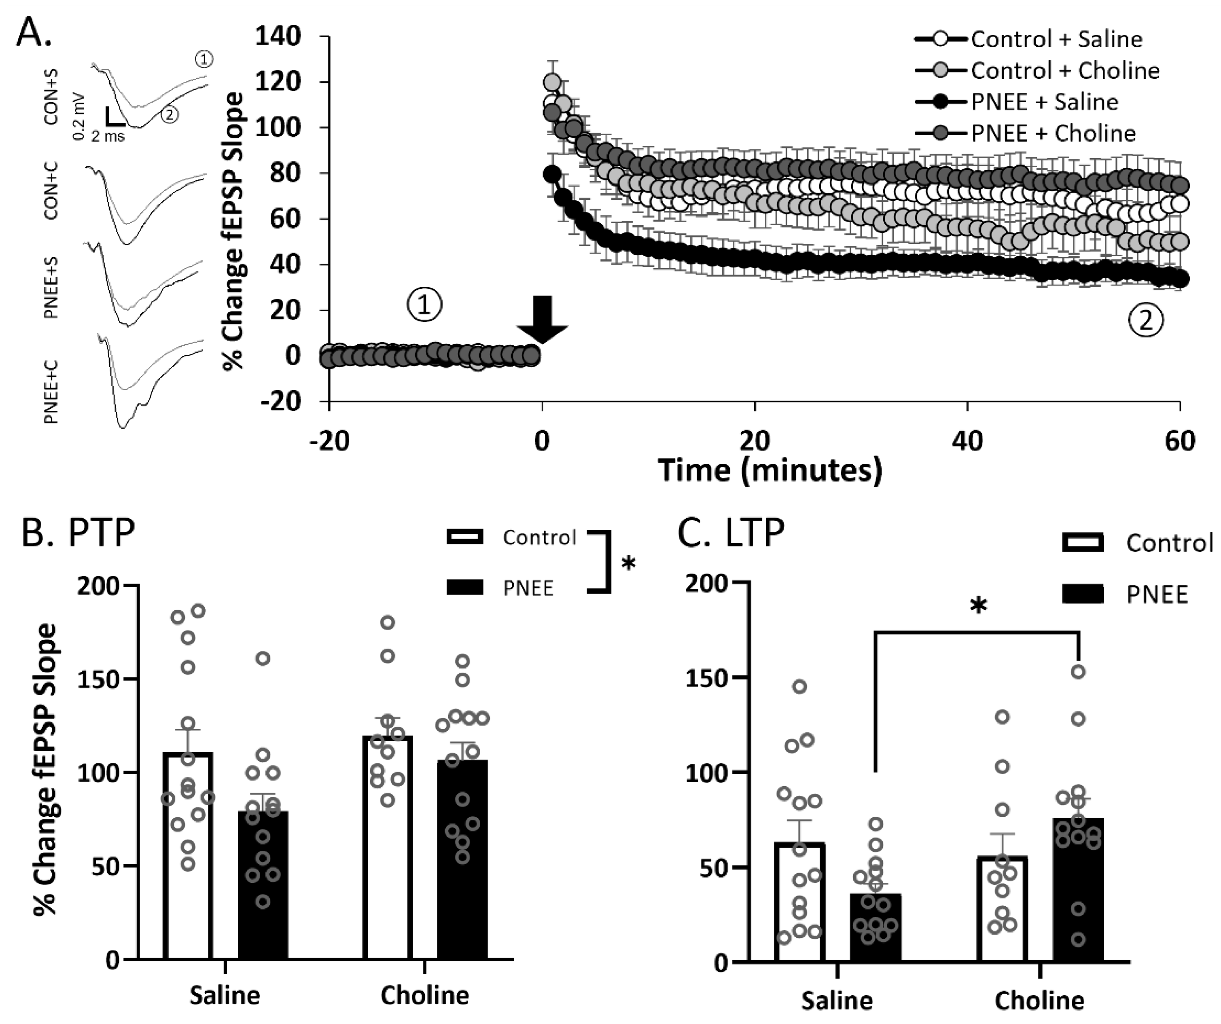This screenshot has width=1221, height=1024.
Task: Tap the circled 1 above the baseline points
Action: [x=424, y=305]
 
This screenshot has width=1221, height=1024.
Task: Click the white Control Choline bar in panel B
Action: [x=388, y=848]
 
